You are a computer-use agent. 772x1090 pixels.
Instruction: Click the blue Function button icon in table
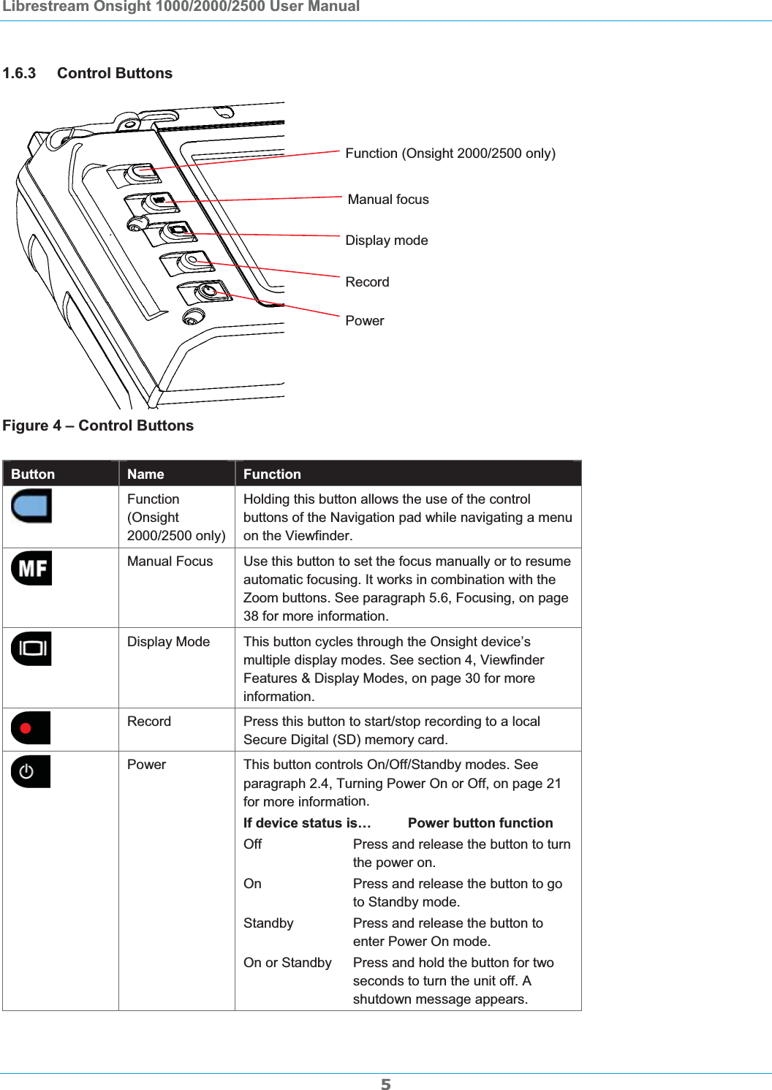31,505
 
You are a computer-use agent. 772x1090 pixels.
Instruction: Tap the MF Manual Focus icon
31,568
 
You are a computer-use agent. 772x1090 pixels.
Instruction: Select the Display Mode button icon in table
31,648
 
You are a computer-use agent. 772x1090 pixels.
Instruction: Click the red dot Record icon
31,727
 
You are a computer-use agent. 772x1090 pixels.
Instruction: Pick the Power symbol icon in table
31,771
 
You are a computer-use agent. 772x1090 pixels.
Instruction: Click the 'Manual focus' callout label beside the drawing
388,200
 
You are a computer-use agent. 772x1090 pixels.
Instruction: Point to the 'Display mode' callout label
387,241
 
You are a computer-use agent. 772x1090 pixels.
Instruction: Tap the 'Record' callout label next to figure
367,282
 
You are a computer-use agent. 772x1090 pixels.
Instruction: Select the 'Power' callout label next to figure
364,321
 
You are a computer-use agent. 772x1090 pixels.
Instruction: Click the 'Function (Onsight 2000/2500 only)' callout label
450,154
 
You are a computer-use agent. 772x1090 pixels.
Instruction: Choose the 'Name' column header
145,474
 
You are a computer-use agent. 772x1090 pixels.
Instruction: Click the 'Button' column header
33,474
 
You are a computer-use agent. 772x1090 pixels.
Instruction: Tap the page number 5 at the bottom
385,1084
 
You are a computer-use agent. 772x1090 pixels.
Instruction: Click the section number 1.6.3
19,73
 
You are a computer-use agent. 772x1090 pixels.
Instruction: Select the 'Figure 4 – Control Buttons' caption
98,425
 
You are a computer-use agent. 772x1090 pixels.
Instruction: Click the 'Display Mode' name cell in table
168,641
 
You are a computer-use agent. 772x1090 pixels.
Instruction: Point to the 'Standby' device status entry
268,923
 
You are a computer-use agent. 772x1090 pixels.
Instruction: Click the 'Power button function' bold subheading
480,823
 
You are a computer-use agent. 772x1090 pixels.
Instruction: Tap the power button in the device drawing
208,292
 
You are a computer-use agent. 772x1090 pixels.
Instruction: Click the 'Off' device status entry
252,844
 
